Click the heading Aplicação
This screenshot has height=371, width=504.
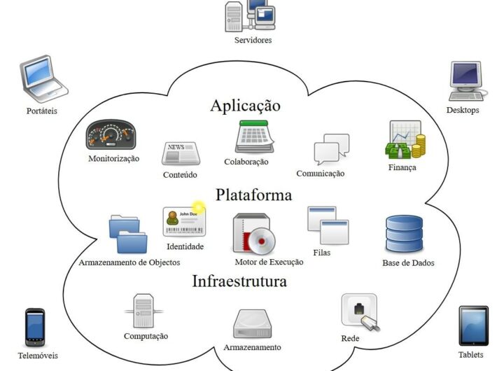(x=245, y=106)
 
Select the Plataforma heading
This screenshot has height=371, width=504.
(x=253, y=195)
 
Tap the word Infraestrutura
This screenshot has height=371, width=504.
(x=239, y=281)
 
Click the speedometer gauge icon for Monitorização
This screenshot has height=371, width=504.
(x=110, y=136)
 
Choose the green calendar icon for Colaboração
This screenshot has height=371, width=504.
(x=254, y=136)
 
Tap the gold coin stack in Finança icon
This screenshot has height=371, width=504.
(x=418, y=147)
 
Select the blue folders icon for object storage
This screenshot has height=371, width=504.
(x=128, y=234)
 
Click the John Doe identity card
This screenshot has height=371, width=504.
(x=183, y=222)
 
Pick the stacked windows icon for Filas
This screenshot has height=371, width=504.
(x=327, y=225)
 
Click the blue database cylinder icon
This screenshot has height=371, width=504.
(x=404, y=234)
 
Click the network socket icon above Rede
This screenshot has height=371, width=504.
(x=359, y=311)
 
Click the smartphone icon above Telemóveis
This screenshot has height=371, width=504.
(x=35, y=326)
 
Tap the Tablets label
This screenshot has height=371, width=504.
(x=471, y=354)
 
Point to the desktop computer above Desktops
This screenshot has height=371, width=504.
(x=465, y=80)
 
